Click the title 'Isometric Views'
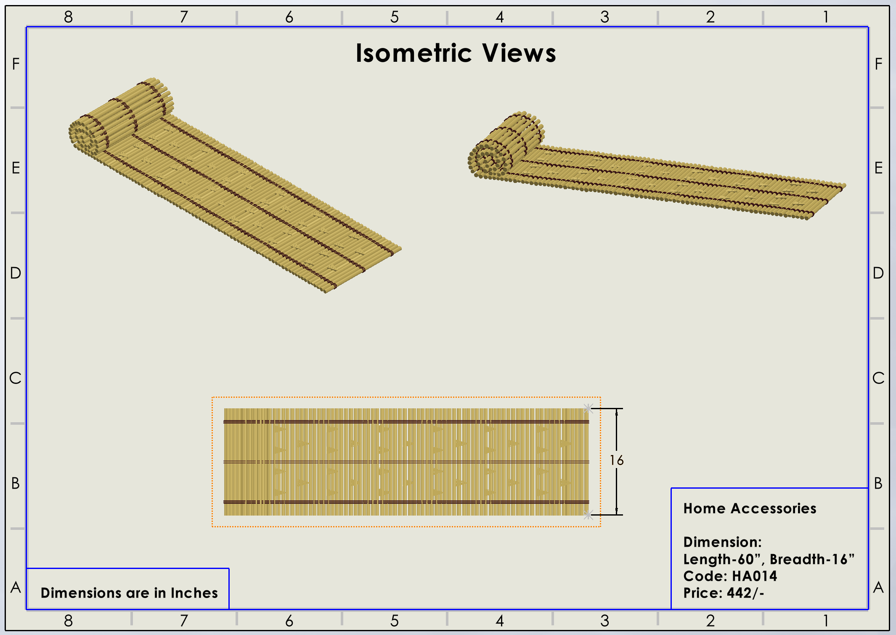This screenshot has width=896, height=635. click(x=456, y=53)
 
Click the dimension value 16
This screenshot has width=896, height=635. click(x=617, y=460)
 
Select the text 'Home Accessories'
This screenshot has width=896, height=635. click(x=750, y=508)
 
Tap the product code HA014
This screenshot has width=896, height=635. click(x=755, y=576)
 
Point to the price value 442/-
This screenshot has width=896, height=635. click(x=745, y=593)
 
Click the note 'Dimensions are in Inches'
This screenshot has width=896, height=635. click(x=129, y=593)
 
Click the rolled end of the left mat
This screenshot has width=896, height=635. click(x=86, y=135)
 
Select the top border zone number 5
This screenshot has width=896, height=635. click(x=394, y=17)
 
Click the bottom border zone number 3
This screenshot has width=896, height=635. click(x=605, y=621)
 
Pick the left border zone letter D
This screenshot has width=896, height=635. click(x=16, y=273)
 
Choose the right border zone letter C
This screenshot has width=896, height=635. click(x=878, y=378)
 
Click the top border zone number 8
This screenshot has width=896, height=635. click(x=68, y=17)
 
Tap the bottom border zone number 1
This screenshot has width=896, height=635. click(x=826, y=621)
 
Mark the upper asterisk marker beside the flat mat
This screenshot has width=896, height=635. click(x=588, y=408)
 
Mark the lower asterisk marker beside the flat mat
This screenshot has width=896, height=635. click(x=588, y=515)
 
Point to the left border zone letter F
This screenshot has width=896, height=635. click(x=16, y=64)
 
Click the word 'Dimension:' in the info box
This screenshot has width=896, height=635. click(x=722, y=542)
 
